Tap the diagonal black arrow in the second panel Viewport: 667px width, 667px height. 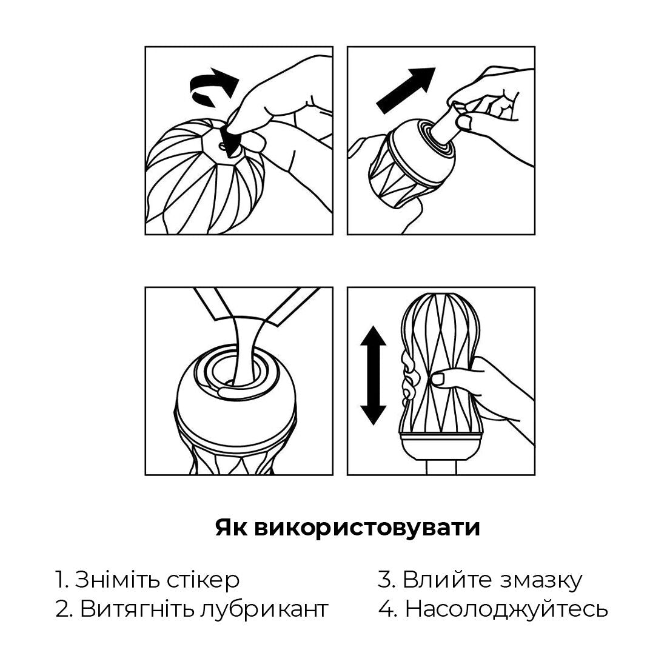[406, 90]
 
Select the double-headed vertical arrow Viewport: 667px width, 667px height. [373, 375]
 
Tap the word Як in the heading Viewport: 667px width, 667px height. [230, 528]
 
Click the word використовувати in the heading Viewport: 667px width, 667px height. [366, 528]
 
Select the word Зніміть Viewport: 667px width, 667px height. [116, 580]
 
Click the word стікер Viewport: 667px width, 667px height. [203, 580]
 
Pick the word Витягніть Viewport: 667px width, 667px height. [136, 609]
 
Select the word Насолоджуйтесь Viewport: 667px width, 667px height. [506, 609]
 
